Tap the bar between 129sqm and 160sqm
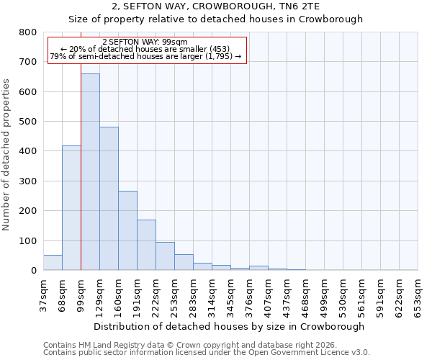pos(109,198)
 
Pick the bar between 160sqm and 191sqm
pos(127,230)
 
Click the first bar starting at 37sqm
pos(53,262)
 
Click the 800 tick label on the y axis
pos(28,32)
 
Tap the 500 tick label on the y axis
pos(28,122)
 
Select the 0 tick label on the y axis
pos(33,271)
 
